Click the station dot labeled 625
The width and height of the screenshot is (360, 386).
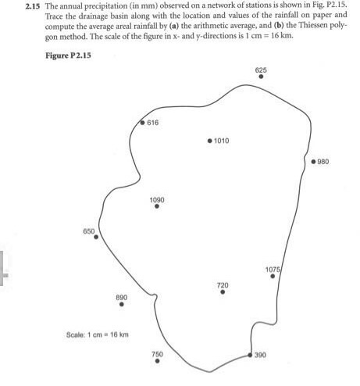click(261, 77)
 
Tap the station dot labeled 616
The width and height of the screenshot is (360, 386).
click(142, 123)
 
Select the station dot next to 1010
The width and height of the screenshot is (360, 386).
click(210, 141)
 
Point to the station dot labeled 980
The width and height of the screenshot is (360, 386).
click(313, 162)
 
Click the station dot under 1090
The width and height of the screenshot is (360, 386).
click(157, 206)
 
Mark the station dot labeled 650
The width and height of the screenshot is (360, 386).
click(96, 237)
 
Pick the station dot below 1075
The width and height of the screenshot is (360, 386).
click(273, 276)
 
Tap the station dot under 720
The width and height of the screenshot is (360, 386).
click(223, 292)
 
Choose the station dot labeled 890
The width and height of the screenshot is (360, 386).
click(122, 304)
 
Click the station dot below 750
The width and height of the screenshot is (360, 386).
click(157, 361)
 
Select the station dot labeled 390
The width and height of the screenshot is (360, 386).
click(250, 355)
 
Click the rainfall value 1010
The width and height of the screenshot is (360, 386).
click(222, 141)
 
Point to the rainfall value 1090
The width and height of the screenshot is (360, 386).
click(157, 200)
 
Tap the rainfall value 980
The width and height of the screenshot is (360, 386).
click(323, 162)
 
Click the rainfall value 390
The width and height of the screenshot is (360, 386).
click(260, 355)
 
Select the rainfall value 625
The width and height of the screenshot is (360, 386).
click(261, 70)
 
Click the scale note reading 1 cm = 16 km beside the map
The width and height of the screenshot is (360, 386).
click(108, 334)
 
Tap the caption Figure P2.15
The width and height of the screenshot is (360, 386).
click(68, 55)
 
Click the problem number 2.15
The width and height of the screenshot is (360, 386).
click(33, 6)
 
